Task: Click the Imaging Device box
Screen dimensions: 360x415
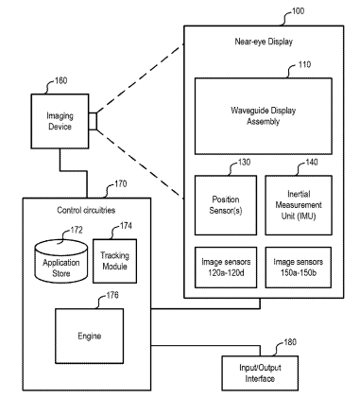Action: [60, 121]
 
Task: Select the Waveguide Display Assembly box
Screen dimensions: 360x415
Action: [264, 116]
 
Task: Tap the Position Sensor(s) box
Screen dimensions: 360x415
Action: [226, 205]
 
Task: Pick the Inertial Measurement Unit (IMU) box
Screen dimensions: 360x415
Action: [299, 205]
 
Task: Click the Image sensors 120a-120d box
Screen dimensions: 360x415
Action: [226, 268]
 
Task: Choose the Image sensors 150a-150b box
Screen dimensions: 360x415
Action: [299, 268]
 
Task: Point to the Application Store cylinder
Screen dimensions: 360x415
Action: [60, 261]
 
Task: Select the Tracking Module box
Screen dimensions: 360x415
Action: [114, 261]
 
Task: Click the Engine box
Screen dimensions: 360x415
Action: [90, 336]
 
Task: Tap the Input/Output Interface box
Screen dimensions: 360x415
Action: [260, 373]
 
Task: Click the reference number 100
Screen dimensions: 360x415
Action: [298, 11]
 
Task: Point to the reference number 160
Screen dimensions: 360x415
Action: [60, 81]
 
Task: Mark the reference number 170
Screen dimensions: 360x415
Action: [121, 184]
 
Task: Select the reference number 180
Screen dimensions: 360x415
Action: [290, 342]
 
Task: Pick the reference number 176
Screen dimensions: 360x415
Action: [112, 295]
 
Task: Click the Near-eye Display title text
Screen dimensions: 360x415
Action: [264, 42]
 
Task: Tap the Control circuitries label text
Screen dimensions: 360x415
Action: [86, 210]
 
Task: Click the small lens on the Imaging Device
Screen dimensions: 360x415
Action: [93, 121]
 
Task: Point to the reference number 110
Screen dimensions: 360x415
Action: [304, 65]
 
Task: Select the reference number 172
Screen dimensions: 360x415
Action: [77, 231]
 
